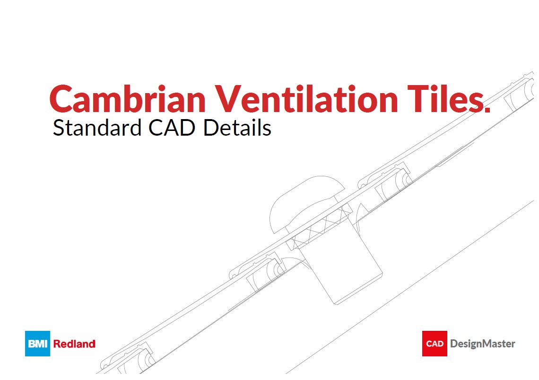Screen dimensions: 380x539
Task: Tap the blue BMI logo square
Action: pos(37,344)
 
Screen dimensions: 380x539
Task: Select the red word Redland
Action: pos(74,344)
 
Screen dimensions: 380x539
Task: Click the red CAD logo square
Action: pos(435,344)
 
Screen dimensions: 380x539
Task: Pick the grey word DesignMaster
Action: pos(483,344)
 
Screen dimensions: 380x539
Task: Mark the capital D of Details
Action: pos(210,128)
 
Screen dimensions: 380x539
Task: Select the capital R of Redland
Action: pos(57,344)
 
